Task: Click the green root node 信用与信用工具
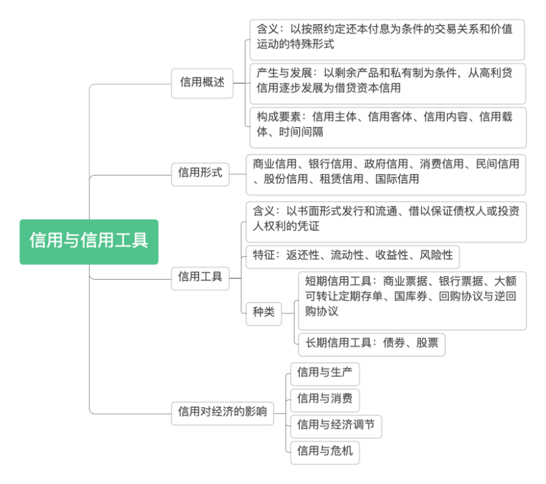pos(89,241)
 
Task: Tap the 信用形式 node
pos(200,173)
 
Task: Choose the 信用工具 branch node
pos(200,276)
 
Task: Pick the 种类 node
pos(264,312)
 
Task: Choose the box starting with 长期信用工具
pos(371,343)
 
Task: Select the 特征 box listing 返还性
pos(352,255)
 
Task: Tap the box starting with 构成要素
pos(387,124)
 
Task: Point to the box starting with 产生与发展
pos(387,80)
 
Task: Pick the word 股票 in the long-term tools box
pos(427,343)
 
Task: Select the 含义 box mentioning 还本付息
pos(387,37)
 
